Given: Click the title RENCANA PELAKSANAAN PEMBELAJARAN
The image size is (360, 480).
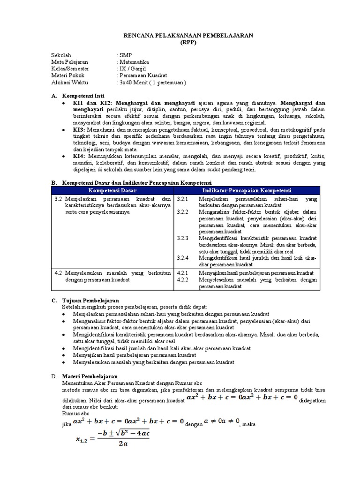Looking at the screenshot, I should point(180,35).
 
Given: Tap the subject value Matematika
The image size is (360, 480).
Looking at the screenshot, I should point(134,61).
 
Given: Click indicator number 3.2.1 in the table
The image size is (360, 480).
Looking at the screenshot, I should point(183,199).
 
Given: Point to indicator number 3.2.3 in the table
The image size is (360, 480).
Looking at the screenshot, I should point(183,238).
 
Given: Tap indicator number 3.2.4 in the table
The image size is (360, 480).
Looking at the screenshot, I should point(183,258).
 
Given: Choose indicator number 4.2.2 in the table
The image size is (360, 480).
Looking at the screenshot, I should point(183,279).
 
